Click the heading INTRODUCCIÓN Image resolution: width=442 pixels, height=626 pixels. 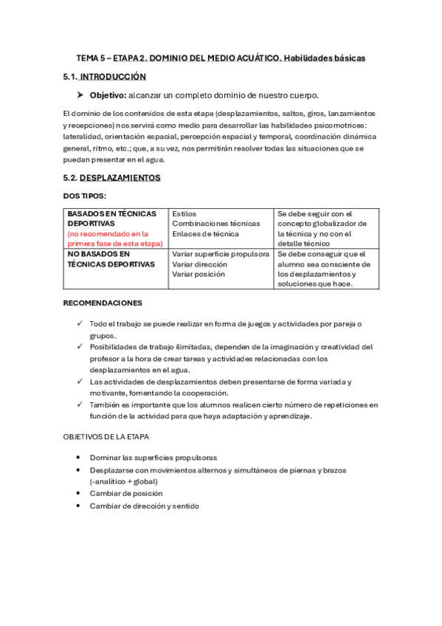(x=113, y=77)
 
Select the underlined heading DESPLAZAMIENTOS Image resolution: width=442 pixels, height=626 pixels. (x=120, y=178)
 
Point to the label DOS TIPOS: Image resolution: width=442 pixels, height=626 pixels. (x=85, y=196)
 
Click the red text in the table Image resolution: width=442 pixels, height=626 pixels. (x=114, y=238)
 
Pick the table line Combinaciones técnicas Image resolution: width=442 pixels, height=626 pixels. (x=216, y=224)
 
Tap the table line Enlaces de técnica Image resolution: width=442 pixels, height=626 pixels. (x=206, y=234)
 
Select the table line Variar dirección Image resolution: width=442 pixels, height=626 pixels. (x=200, y=264)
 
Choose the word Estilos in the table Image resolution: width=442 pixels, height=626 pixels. (x=184, y=213)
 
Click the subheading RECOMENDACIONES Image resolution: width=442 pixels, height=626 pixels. (x=103, y=303)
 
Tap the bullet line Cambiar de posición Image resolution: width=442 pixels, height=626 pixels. (x=126, y=493)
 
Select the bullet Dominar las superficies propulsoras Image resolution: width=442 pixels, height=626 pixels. (x=153, y=458)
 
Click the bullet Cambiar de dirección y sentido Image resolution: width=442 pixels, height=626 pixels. (x=144, y=506)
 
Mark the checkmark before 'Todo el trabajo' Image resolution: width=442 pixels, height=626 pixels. (x=80, y=324)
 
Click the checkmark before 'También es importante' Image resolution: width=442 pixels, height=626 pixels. (x=80, y=405)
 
